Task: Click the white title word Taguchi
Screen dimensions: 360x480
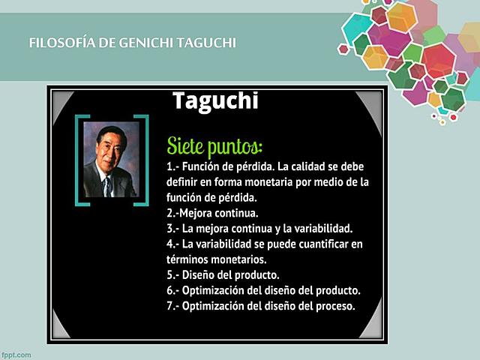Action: [215, 100]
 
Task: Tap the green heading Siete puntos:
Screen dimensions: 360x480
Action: [214, 143]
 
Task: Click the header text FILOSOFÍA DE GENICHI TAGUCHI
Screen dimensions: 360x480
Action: [132, 43]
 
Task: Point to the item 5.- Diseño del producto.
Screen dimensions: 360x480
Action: [223, 274]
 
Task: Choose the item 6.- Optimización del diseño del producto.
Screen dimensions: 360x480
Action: [263, 290]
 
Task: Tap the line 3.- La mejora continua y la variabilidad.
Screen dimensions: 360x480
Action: [259, 229]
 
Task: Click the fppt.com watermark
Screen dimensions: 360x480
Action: [16, 354]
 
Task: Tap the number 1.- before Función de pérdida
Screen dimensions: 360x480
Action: [174, 166]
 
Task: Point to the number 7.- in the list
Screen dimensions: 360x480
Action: [173, 306]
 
